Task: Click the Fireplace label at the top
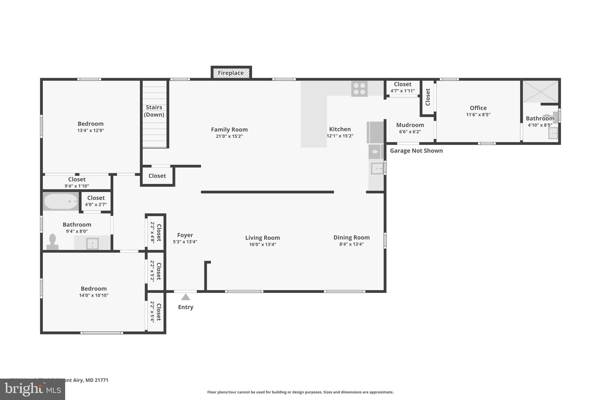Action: click(x=231, y=73)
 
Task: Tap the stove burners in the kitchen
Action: click(x=359, y=89)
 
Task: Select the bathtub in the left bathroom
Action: click(x=61, y=201)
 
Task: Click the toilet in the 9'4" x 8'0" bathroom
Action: click(x=53, y=242)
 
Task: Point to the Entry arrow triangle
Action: click(x=185, y=297)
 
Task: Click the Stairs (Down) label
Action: click(x=154, y=111)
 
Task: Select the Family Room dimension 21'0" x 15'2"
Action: click(x=229, y=136)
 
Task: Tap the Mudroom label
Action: click(x=410, y=125)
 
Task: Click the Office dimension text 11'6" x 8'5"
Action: click(x=478, y=115)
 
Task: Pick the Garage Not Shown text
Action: click(x=416, y=151)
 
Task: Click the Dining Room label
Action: click(x=351, y=237)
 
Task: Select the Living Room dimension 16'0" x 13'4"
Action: click(x=262, y=244)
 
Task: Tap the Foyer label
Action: click(x=185, y=235)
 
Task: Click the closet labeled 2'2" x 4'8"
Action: click(x=156, y=232)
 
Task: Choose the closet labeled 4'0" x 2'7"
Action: click(x=96, y=201)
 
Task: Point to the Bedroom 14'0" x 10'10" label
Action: click(x=94, y=289)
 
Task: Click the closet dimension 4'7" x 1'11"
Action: click(x=402, y=91)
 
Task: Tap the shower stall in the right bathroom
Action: click(x=540, y=91)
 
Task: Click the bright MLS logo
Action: click(x=33, y=389)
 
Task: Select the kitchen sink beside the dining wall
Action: click(x=377, y=168)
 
